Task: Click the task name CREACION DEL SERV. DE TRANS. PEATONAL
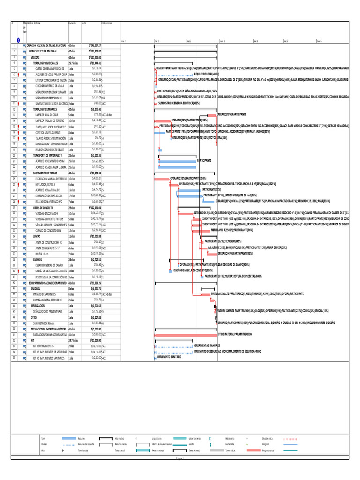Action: (x=46, y=45)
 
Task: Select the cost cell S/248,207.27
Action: (x=95, y=45)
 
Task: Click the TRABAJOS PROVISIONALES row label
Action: (x=45, y=63)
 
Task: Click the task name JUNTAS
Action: (x=36, y=236)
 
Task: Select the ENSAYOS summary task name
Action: (x=37, y=259)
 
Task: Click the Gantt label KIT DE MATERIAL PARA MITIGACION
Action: (x=235, y=334)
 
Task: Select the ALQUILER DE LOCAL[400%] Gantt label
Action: (x=206, y=74)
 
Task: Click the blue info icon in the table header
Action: (x=18, y=40)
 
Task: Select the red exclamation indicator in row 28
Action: (x=19, y=201)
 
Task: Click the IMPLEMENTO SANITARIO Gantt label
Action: (x=169, y=357)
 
